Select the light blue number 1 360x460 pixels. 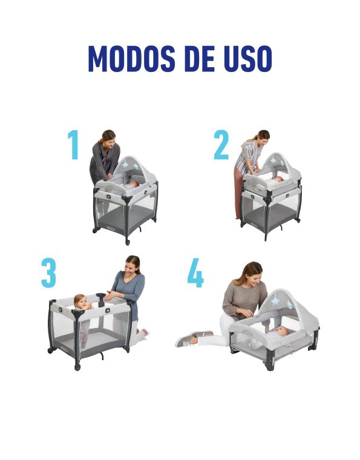74,145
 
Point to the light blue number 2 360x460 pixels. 221,145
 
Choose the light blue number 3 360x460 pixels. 48,273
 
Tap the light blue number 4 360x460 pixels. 195,273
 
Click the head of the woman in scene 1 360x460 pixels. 107,137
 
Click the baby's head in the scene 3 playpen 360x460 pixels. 79,301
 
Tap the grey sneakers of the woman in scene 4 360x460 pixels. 194,338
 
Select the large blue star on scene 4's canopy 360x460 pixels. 275,301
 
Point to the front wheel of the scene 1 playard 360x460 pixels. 128,242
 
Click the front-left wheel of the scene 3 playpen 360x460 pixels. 77,367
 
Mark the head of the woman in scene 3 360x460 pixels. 133,265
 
